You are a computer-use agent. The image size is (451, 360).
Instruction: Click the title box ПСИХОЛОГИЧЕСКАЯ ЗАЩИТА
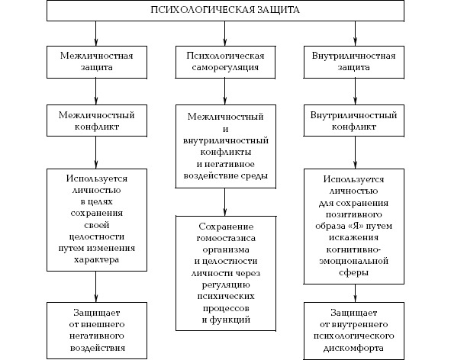225,11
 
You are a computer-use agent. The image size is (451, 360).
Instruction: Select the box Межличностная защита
97,62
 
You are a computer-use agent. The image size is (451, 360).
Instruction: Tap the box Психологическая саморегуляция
225,62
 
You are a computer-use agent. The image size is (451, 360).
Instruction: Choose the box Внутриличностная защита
354,62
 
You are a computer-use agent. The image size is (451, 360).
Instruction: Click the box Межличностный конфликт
97,121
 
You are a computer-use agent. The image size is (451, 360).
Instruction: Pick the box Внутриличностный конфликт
354,121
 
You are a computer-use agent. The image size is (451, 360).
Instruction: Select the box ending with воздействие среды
226,146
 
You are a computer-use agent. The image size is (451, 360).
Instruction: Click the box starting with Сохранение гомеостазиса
226,273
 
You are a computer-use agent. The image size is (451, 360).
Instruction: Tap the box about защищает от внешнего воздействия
97,330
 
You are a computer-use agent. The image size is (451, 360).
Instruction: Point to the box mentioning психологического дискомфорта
354,330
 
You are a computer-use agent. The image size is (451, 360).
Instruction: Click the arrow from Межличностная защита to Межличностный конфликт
96,92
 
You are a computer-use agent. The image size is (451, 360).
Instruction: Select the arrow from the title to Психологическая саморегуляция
225,34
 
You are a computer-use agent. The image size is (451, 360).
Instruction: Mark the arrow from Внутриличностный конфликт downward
355,153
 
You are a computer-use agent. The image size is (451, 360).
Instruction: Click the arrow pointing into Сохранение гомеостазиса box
225,202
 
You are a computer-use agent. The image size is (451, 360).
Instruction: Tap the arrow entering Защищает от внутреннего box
355,293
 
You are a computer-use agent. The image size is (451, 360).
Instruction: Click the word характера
97,260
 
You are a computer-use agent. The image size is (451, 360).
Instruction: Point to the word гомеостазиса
226,239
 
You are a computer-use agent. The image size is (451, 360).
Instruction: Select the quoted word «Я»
354,226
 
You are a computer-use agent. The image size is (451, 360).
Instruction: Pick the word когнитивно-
353,249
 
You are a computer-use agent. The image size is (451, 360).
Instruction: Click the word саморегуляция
225,68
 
